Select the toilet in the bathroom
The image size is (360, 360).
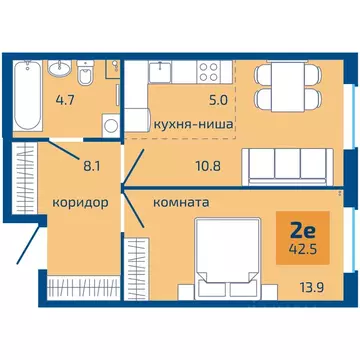tap(87, 74)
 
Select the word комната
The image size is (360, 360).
tap(180, 200)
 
